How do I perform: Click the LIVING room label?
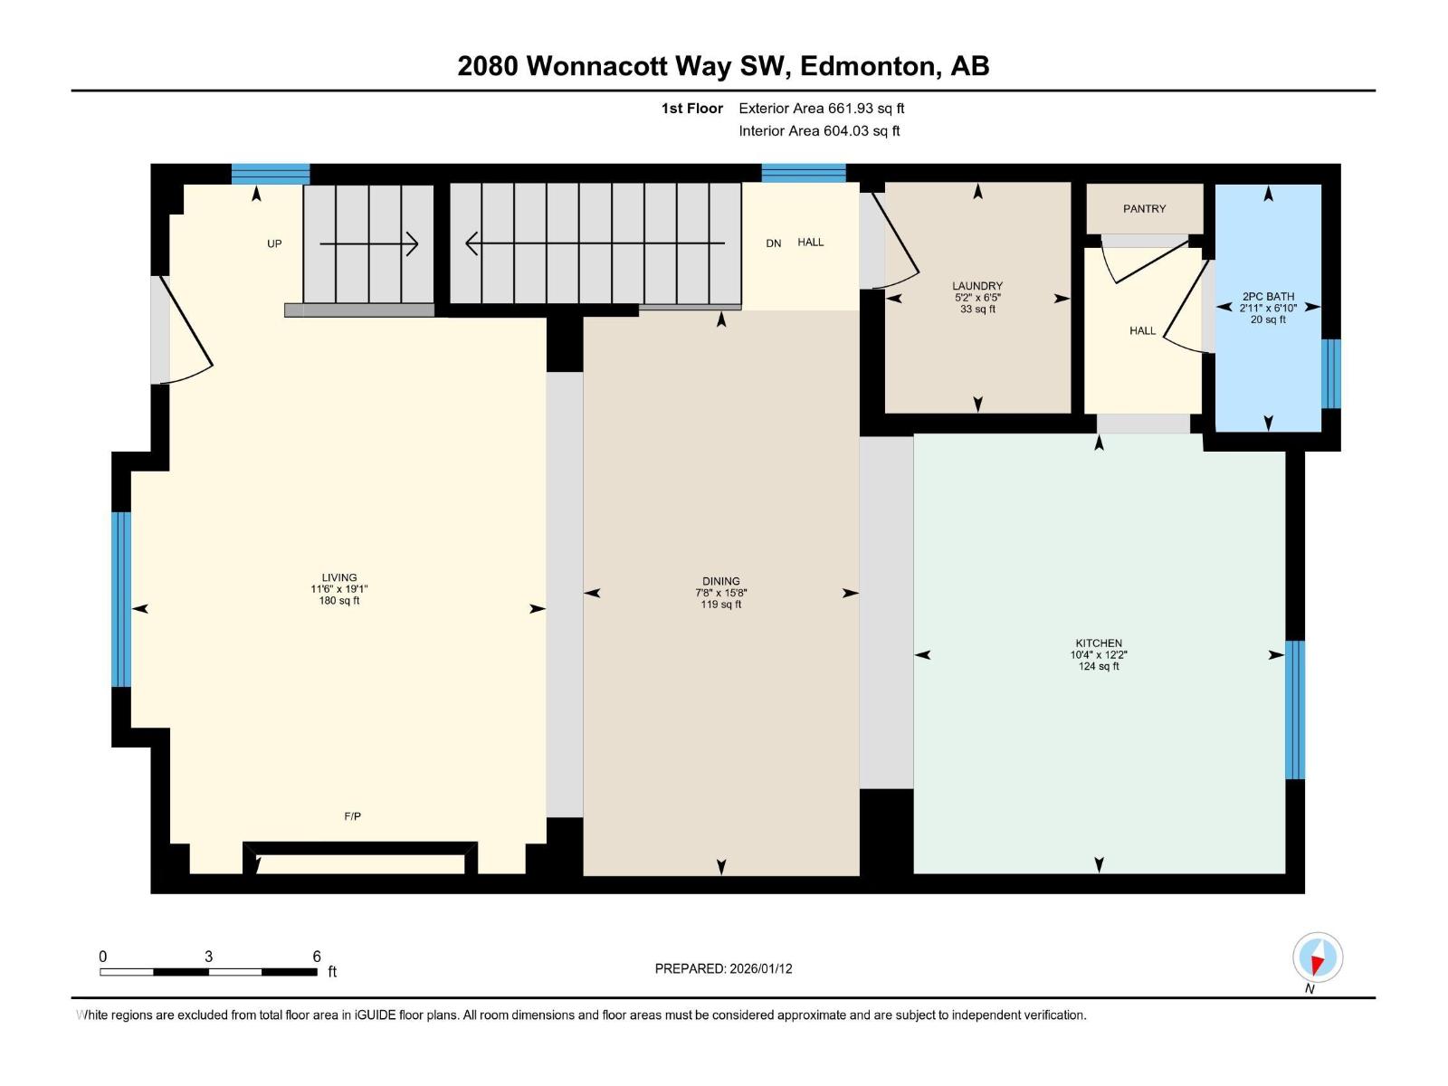339,577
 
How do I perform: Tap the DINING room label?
720,581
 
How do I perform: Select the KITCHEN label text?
1099,643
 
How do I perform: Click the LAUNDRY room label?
977,286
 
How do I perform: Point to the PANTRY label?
1144,209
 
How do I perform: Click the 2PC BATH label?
1268,297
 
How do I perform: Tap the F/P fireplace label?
353,816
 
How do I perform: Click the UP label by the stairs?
274,243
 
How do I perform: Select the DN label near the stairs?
773,243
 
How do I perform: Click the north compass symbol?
1318,957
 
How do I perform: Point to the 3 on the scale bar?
209,957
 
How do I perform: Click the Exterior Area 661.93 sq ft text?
821,109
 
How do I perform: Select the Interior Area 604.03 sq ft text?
819,131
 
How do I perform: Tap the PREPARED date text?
723,968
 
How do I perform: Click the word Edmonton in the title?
870,66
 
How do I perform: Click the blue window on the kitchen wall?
1295,710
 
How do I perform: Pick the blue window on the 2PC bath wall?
1330,374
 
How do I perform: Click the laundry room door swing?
896,244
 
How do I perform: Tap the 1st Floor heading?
691,109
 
